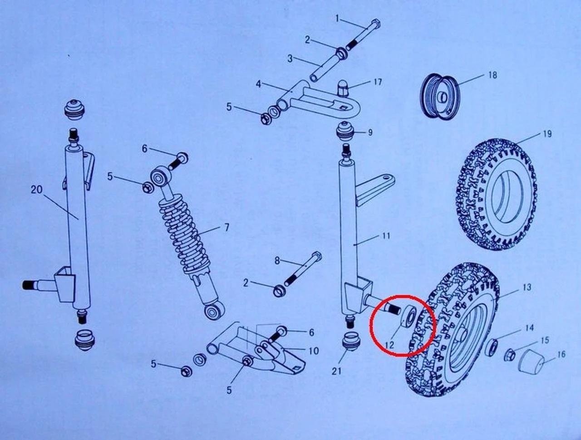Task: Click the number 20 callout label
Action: pyautogui.click(x=37, y=190)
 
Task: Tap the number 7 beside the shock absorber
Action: pyautogui.click(x=226, y=227)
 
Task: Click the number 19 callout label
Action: pyautogui.click(x=547, y=134)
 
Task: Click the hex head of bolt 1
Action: pyautogui.click(x=376, y=24)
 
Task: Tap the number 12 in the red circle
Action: pyautogui.click(x=390, y=345)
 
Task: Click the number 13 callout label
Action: pyautogui.click(x=527, y=288)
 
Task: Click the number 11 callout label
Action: pyautogui.click(x=386, y=235)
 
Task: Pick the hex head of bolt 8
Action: pyautogui.click(x=317, y=256)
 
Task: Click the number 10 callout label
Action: pyautogui.click(x=313, y=351)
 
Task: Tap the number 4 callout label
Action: pyautogui.click(x=258, y=84)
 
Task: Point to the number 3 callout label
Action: pyautogui.click(x=290, y=59)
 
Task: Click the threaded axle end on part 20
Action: pyautogui.click(x=30, y=285)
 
